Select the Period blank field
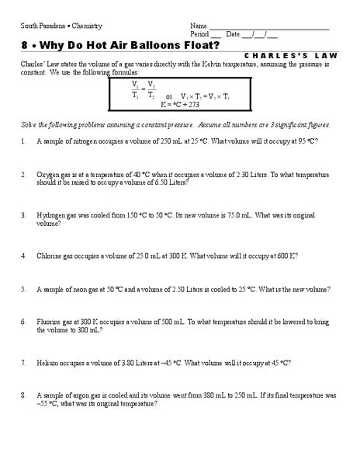pos(216,36)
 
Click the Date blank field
pos(260,36)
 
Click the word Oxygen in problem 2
pos(48,174)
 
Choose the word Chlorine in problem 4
pos(50,255)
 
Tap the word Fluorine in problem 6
pos(50,321)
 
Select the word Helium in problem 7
pos(47,362)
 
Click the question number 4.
pos(24,255)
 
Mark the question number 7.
pos(24,362)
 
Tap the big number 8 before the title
pos(25,45)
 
